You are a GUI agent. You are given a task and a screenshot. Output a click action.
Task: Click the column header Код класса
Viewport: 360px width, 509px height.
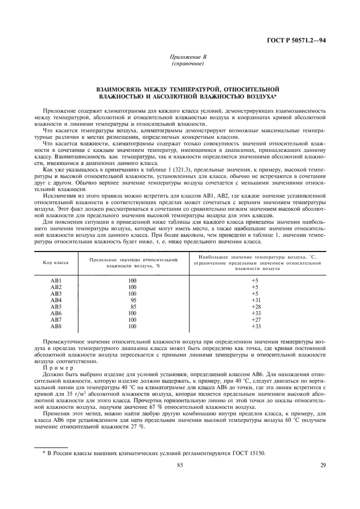(56, 262)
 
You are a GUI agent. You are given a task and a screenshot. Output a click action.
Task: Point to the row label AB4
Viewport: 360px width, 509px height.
(57, 300)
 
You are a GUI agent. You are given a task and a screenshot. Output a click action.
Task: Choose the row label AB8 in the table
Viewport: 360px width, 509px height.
(57, 326)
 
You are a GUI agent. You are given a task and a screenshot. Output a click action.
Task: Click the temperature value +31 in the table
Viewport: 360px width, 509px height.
(254, 300)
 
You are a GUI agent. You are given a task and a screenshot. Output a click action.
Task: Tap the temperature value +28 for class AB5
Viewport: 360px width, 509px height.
(254, 306)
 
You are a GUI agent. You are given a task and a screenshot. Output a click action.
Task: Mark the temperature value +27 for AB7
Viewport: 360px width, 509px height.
(254, 320)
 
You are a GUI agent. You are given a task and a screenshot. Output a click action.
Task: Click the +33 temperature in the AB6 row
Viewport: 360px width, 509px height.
(254, 313)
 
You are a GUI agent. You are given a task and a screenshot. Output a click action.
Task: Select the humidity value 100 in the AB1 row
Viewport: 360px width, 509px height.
(132, 280)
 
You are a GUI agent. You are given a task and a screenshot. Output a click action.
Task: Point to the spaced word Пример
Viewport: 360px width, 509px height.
(56, 367)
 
